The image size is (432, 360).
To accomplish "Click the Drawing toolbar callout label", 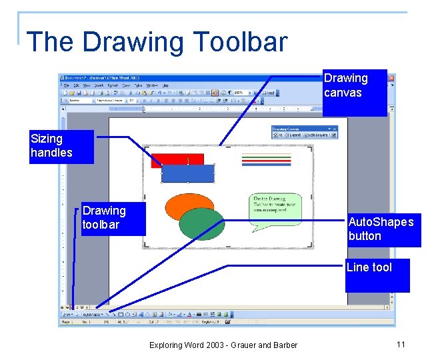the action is [103, 218].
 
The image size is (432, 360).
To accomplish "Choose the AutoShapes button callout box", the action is [383, 229].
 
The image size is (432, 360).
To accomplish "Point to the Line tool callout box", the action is [377, 275].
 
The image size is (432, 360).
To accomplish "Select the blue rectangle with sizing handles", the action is [188, 173].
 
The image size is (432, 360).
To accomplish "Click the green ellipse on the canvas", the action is [203, 225].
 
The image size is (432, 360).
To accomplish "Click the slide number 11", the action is [400, 344].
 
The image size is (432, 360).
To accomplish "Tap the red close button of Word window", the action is [391, 78].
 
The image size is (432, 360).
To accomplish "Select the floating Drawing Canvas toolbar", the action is [304, 132].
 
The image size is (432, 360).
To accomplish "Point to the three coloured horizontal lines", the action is [266, 159].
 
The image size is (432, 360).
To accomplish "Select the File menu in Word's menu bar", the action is [67, 85].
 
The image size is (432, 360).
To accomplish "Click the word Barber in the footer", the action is [283, 345].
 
